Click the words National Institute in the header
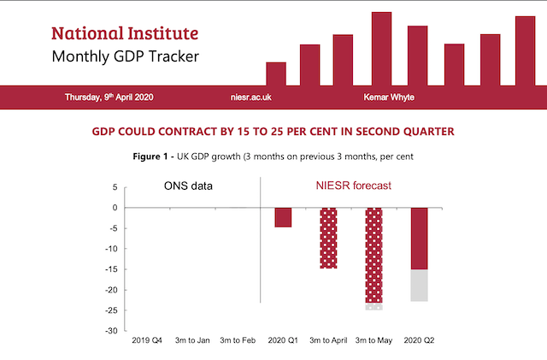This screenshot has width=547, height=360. pyautogui.click(x=125, y=33)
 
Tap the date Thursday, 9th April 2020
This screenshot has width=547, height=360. pyautogui.click(x=109, y=97)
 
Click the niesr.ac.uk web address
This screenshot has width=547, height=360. pyautogui.click(x=251, y=97)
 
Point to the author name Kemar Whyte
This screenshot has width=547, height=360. pyautogui.click(x=389, y=97)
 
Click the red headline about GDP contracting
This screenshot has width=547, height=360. pyautogui.click(x=273, y=132)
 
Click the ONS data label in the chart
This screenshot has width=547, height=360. pyautogui.click(x=188, y=186)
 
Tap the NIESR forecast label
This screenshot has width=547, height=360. pyautogui.click(x=348, y=186)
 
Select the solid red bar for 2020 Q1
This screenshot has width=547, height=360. pyautogui.click(x=282, y=217)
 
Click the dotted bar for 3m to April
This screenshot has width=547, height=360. pyautogui.click(x=328, y=238)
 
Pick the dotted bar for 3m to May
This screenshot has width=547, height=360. pyautogui.click(x=373, y=255)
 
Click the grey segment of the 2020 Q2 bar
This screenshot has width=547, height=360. pyautogui.click(x=420, y=286)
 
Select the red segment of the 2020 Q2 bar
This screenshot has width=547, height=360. pyautogui.click(x=420, y=239)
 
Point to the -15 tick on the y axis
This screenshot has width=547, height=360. pyautogui.click(x=111, y=269)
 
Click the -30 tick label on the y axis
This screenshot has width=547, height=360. pyautogui.click(x=111, y=331)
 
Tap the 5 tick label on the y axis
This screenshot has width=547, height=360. pyautogui.click(x=115, y=186)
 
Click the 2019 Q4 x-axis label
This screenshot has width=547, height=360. pyautogui.click(x=147, y=341)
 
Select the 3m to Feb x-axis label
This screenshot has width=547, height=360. pyautogui.click(x=238, y=341)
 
